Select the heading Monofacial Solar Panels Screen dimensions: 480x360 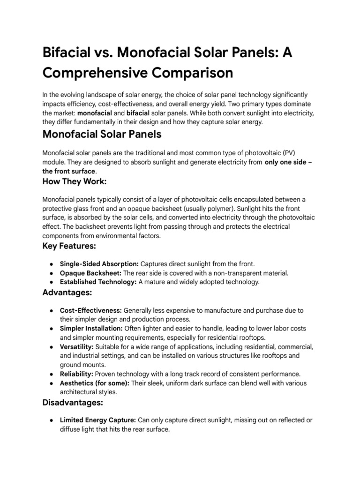(102, 134)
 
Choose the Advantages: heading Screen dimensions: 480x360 (67, 292)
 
